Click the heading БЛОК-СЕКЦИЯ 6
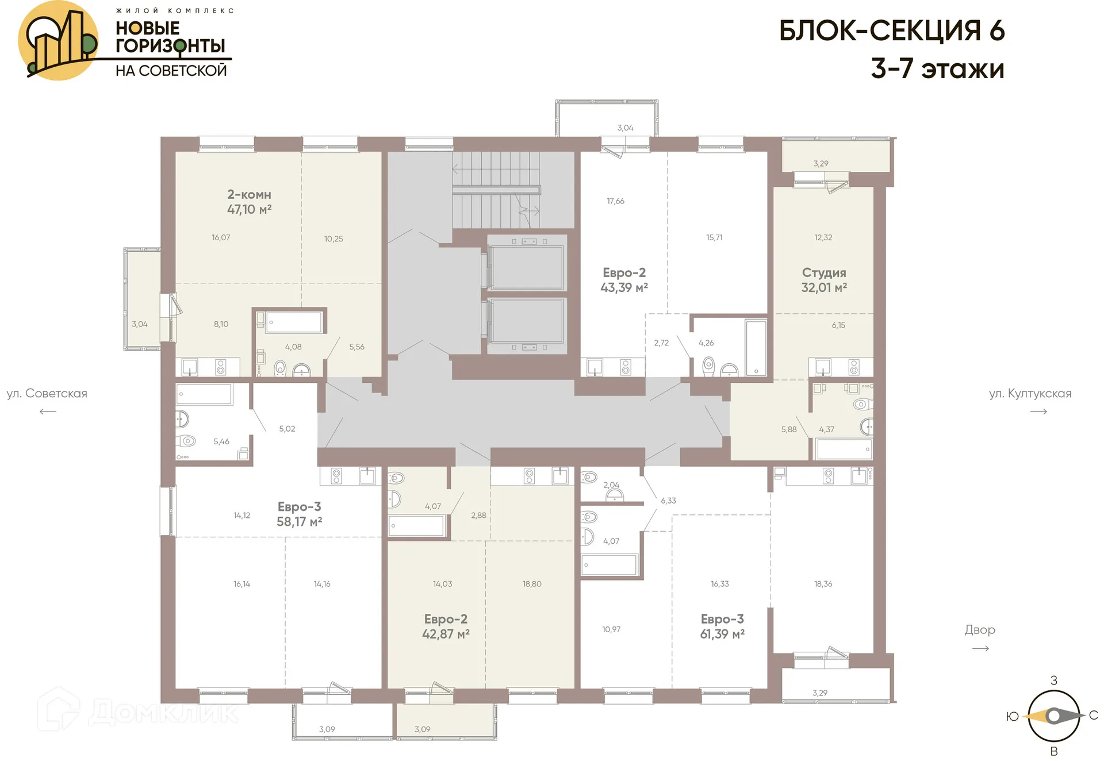click(x=891, y=31)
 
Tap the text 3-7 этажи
click(x=937, y=69)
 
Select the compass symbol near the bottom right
click(x=1053, y=716)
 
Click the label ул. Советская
click(x=47, y=394)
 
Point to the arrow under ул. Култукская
click(x=1038, y=412)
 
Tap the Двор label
click(x=980, y=630)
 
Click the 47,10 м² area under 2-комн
click(x=249, y=210)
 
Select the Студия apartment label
click(x=824, y=273)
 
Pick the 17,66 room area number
click(x=615, y=201)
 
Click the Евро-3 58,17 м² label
click(x=299, y=514)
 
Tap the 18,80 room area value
click(x=532, y=584)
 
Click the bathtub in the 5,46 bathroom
click(x=204, y=394)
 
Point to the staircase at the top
click(x=496, y=190)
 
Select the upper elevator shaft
click(x=527, y=267)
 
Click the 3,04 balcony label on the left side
click(x=140, y=324)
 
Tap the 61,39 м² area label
click(x=722, y=635)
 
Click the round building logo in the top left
click(x=57, y=40)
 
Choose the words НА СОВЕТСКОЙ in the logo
click(x=171, y=71)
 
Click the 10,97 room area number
click(x=611, y=629)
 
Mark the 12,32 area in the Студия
click(x=823, y=237)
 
